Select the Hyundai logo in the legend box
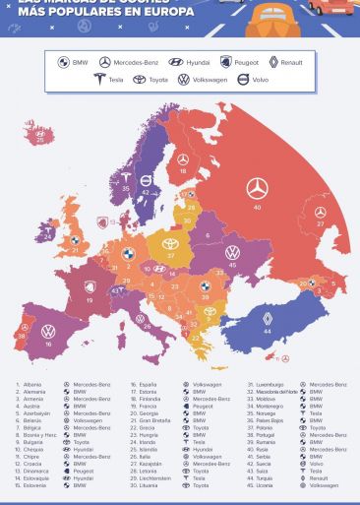click(176, 62)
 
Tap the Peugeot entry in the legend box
click(226, 62)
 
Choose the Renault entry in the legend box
click(273, 62)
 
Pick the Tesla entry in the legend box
click(99, 79)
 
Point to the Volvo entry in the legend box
click(243, 79)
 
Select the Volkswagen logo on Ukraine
click(232, 252)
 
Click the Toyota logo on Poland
click(171, 243)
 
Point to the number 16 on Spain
click(48, 344)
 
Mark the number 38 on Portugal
click(21, 336)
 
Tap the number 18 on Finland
click(183, 171)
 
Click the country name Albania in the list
click(32, 384)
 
